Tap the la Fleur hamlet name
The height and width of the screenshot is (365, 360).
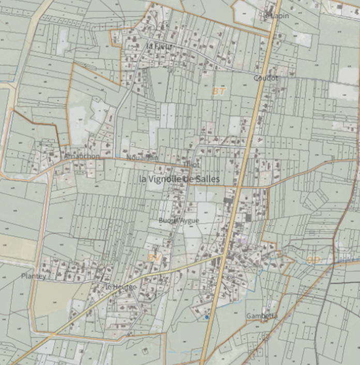tap(159, 46)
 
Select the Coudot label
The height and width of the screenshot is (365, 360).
tap(266, 78)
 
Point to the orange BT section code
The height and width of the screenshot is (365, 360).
tap(219, 91)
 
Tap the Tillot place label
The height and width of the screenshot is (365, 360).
tap(192, 164)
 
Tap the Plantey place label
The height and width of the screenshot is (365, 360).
tap(34, 276)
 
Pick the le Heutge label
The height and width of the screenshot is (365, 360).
tap(121, 286)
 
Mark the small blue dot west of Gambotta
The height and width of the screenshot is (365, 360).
tap(207, 316)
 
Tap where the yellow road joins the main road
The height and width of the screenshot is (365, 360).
tap(223, 255)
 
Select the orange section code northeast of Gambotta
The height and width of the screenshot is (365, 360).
tap(313, 260)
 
